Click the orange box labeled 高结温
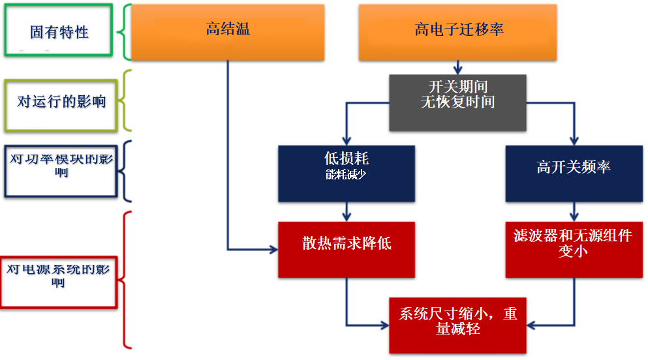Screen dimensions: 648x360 [x=228, y=33]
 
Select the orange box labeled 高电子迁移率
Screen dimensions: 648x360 [x=457, y=33]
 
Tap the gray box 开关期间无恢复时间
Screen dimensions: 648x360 [x=457, y=103]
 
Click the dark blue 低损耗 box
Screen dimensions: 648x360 [x=347, y=173]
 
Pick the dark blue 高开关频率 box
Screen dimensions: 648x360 [x=574, y=173]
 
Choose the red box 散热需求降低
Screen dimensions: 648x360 [x=347, y=250]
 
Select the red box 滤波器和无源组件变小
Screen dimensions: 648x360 [x=574, y=250]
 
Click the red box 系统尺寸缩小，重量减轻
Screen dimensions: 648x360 [x=457, y=325]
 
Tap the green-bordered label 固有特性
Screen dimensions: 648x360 [x=59, y=30]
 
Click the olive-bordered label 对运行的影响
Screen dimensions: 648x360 [x=61, y=106]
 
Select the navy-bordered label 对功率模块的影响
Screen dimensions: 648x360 [x=61, y=171]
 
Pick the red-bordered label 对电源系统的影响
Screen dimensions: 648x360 [x=59, y=282]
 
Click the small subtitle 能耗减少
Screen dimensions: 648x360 [x=345, y=175]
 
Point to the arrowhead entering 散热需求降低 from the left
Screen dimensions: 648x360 [x=274, y=249]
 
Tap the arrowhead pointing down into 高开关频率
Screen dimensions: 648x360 [x=574, y=141]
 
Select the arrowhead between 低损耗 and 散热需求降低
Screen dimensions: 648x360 [x=347, y=217]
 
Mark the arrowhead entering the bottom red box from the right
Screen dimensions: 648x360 [x=531, y=325]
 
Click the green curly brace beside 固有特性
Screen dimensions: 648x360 [x=125, y=32]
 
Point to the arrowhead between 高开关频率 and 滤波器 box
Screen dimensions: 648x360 [x=574, y=217]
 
